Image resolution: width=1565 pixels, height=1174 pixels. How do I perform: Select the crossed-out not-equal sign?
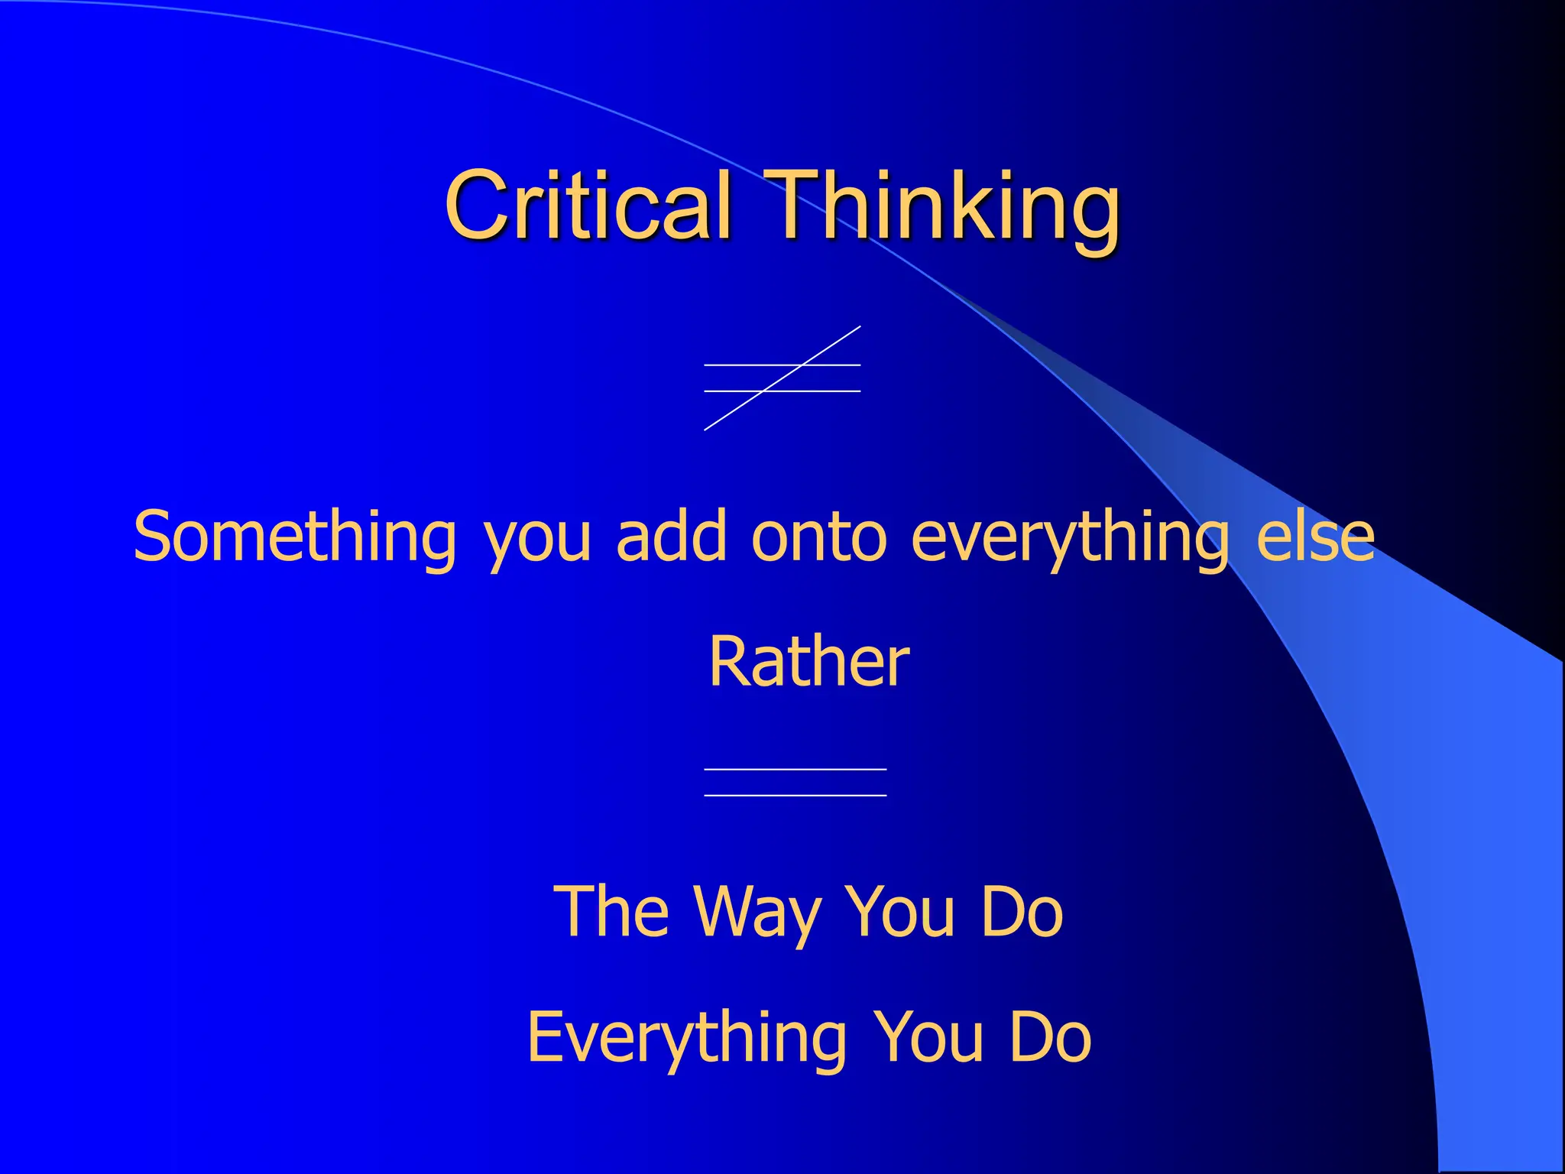[x=782, y=378]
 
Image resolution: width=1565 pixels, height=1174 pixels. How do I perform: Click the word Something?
[x=295, y=537]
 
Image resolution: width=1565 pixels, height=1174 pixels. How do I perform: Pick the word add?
[x=671, y=537]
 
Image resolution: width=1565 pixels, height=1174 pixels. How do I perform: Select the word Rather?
[x=808, y=661]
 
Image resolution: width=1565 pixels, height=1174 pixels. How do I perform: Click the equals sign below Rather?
[x=795, y=782]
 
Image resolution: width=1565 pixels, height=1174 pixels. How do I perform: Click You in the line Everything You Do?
[x=928, y=1036]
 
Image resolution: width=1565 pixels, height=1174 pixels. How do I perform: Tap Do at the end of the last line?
[x=1050, y=1036]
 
